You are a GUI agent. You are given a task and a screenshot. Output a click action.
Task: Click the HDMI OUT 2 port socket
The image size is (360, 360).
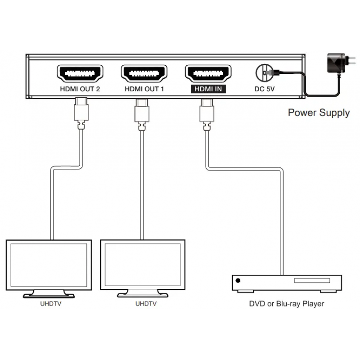tap(80, 73)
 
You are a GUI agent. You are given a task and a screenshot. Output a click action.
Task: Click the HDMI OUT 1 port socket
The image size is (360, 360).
tap(144, 73)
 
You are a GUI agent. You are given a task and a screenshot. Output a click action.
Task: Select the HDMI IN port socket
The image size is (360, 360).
tap(208, 73)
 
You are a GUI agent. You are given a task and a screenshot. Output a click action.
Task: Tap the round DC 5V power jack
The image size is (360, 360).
tap(265, 73)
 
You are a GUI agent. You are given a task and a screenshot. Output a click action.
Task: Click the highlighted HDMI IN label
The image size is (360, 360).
tap(208, 89)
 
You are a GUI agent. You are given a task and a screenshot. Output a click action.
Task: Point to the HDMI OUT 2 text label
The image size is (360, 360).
tap(80, 89)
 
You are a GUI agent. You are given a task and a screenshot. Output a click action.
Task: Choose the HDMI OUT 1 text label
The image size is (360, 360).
tap(144, 89)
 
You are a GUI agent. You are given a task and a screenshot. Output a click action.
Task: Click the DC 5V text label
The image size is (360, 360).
tap(264, 89)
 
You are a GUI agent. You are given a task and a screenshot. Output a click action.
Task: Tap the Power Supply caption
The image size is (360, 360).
tap(319, 113)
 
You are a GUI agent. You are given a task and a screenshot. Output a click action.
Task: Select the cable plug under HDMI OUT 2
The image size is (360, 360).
tap(81, 113)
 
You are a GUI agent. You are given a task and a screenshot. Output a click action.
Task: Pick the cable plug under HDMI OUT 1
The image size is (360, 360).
tap(142, 115)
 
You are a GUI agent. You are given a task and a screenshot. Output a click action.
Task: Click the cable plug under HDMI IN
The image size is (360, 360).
tap(207, 115)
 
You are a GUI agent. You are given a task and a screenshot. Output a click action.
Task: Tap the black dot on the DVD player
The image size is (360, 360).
tap(238, 280)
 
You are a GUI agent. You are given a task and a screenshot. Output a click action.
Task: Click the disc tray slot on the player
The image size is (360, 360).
tap(312, 280)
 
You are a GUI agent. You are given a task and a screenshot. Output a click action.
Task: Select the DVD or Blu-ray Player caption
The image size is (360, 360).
tap(287, 304)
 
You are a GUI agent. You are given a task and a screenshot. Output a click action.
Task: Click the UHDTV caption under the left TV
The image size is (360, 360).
tap(51, 304)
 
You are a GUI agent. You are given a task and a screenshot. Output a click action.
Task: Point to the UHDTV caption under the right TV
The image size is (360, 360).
tap(146, 304)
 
